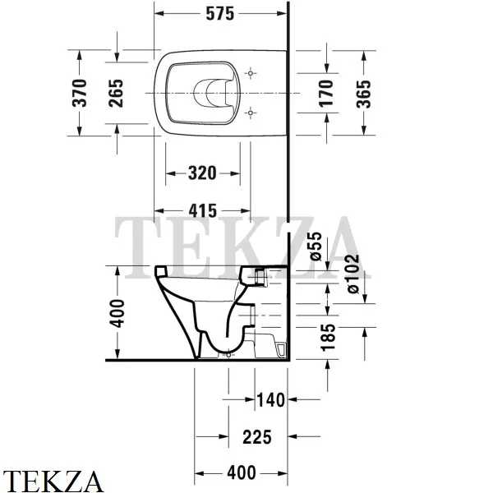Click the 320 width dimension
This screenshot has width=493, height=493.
pos(202,173)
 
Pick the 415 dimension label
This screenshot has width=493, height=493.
pos(202,211)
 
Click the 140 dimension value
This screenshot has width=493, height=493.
pos(270,400)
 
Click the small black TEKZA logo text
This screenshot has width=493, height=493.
pos(53,480)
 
